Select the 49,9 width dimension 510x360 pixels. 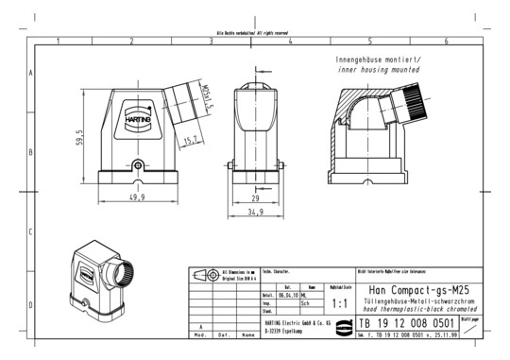tap(138, 197)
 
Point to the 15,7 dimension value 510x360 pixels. tap(190, 142)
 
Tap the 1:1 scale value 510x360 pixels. tap(340, 304)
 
